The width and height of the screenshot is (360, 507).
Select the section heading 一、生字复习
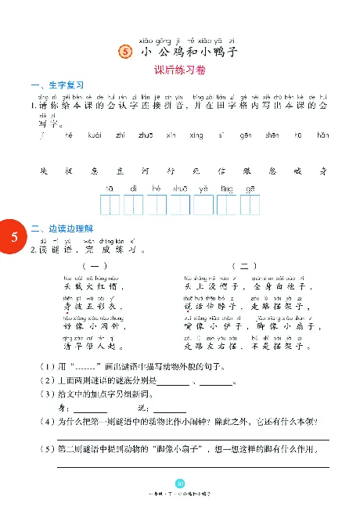[56, 84]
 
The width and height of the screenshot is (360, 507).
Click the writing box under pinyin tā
[110, 205]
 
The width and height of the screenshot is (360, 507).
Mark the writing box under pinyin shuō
[180, 205]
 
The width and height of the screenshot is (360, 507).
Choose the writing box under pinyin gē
[250, 205]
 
